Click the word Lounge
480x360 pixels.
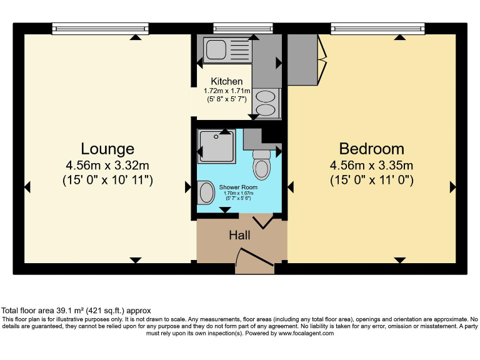tap(107, 149)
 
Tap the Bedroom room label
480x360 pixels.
tap(371, 149)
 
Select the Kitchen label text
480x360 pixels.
tap(226, 81)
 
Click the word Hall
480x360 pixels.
tap(239, 236)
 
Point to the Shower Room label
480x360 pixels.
tap(237, 187)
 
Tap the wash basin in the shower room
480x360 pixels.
tap(204, 192)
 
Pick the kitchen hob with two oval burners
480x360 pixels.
tap(266, 102)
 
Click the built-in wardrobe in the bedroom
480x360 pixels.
tap(303, 59)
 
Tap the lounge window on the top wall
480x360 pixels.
tap(100, 27)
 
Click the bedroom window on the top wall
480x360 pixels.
tap(379, 27)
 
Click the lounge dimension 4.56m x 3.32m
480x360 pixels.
tap(107, 166)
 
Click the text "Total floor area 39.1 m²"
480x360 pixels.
tap(50, 311)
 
